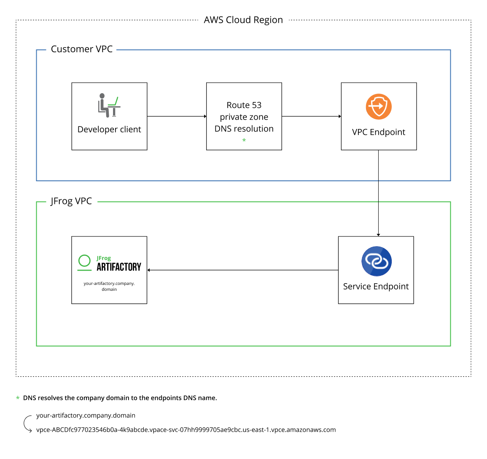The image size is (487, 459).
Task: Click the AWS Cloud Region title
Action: tap(243, 20)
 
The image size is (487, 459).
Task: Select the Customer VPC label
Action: tap(82, 49)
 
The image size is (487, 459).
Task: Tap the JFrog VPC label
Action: tap(71, 201)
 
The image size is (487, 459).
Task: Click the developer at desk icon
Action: tap(109, 105)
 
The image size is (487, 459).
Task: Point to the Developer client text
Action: tap(109, 129)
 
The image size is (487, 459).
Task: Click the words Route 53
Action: tap(244, 105)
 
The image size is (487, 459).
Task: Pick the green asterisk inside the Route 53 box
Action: tap(244, 140)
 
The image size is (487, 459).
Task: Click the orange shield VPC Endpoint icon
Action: tap(379, 107)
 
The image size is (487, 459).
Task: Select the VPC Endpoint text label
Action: tap(379, 132)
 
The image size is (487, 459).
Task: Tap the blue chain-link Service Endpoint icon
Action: tap(377, 261)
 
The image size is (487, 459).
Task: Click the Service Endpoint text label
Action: tap(376, 287)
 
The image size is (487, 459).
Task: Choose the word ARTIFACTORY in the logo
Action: tap(119, 267)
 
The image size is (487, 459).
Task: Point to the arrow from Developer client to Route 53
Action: tap(177, 116)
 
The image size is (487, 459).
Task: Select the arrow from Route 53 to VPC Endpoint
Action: tap(311, 116)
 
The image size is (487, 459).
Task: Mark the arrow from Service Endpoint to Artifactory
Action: tap(242, 270)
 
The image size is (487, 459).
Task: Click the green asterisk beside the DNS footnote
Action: tap(18, 398)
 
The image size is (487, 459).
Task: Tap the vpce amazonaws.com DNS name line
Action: tap(186, 430)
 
